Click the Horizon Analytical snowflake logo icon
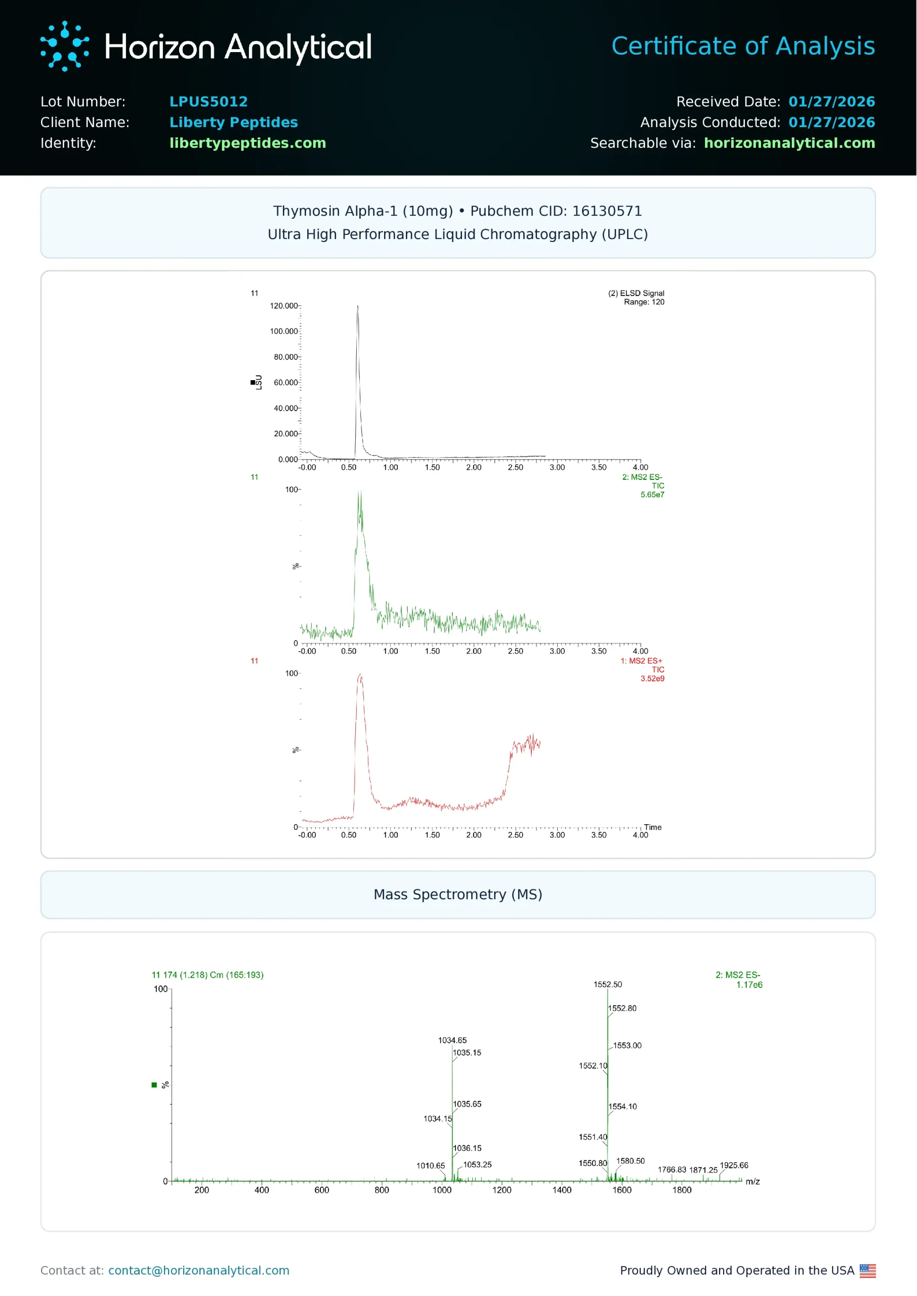(64, 46)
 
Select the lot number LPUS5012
(209, 102)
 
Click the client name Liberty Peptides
(233, 123)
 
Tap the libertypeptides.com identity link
(247, 143)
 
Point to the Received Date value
(831, 102)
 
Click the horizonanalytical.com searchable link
(789, 143)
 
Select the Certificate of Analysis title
(742, 46)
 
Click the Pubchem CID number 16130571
(606, 211)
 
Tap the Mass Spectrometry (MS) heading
(457, 895)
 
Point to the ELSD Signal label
(636, 293)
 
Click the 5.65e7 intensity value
(652, 495)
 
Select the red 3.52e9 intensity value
(652, 679)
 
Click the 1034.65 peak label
(452, 1041)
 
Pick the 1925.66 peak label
(733, 1165)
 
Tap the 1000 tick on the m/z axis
(442, 1190)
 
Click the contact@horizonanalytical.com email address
(199, 1271)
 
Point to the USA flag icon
(867, 1271)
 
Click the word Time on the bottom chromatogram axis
(652, 827)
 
